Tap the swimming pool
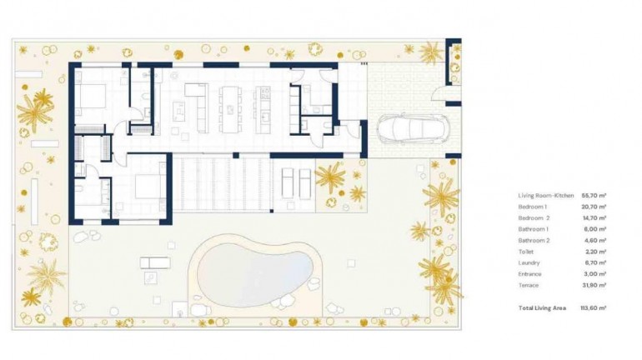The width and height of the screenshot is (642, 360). (x=253, y=269)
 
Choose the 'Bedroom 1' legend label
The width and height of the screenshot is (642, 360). (x=533, y=206)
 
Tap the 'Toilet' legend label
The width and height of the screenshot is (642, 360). (x=527, y=251)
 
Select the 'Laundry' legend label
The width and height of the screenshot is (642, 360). (x=529, y=262)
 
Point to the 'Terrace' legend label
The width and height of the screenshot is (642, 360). (x=529, y=285)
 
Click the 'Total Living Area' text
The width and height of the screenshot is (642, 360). (x=542, y=307)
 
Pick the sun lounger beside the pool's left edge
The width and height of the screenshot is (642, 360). (x=155, y=263)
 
